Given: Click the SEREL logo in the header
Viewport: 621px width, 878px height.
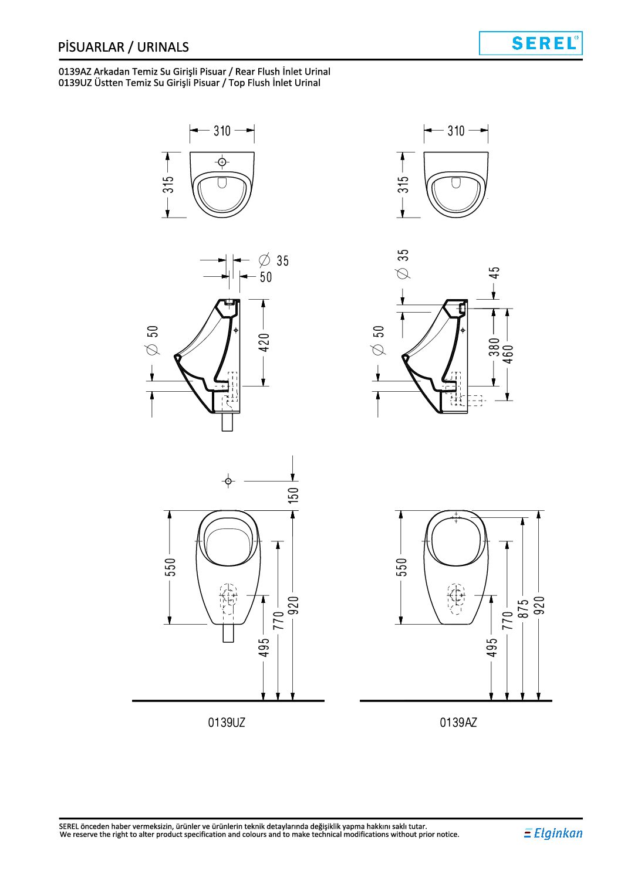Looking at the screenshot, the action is point(531,43).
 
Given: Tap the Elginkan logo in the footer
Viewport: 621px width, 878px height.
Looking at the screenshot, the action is point(553,832).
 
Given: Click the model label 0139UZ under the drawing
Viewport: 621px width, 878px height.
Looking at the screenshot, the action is point(227,723).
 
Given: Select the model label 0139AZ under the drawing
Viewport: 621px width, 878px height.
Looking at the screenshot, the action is point(458,723).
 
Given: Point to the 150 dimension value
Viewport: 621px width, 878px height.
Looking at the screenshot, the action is point(293,495).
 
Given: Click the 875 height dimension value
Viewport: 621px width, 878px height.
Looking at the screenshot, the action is point(523,608).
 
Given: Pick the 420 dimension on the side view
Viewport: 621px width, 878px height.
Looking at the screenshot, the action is point(265,342).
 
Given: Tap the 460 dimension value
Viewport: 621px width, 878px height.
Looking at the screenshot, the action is point(508,354).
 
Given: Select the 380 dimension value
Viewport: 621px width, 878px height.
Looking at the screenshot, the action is point(494,347).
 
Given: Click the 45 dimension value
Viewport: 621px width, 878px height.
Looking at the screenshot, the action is point(495,272).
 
